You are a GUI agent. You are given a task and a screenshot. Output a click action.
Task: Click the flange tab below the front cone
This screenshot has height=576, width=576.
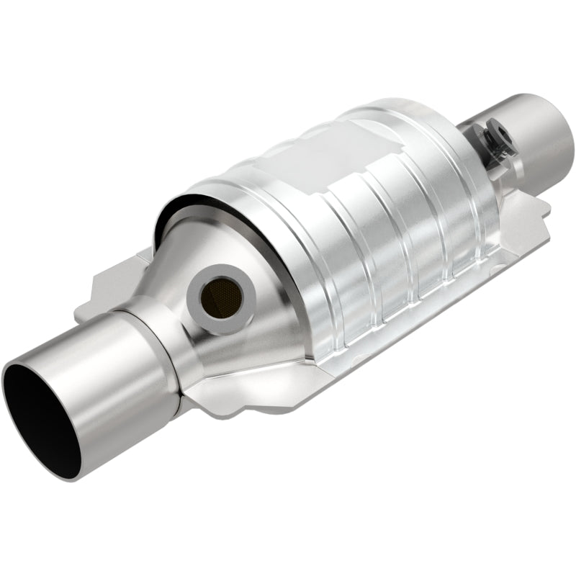[x=216, y=400]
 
